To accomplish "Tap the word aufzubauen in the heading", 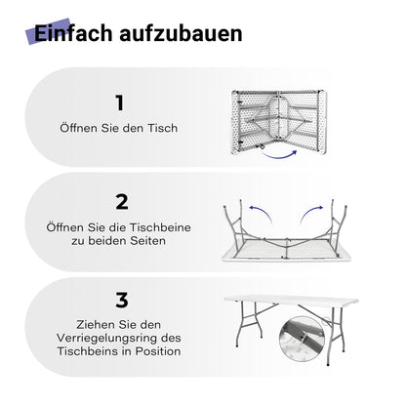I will point(179,34).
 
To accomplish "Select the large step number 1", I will point(121,102).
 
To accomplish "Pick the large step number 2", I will point(121,202).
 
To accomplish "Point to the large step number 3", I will point(121,302).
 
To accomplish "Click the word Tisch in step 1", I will point(168,127).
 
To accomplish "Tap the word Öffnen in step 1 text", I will point(78,127).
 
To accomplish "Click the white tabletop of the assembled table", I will point(290,303).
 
